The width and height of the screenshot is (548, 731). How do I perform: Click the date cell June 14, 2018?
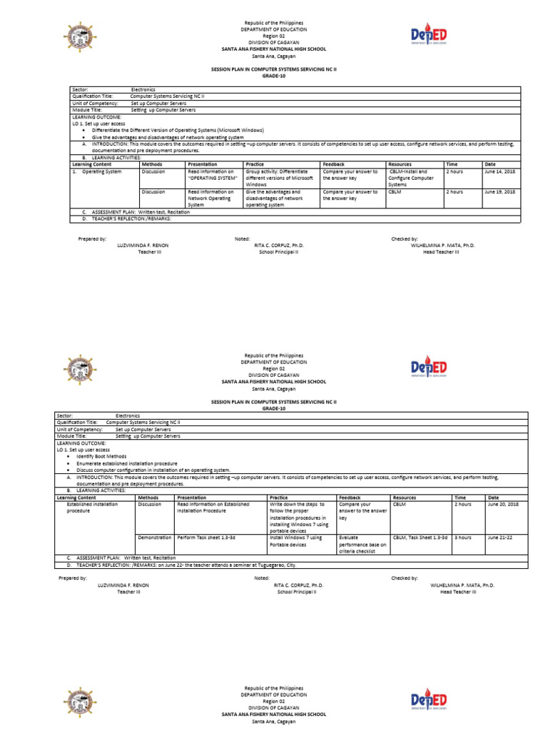pyautogui.click(x=499, y=172)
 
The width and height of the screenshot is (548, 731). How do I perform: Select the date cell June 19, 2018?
pyautogui.click(x=499, y=192)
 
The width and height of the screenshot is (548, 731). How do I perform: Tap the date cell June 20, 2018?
pyautogui.click(x=502, y=504)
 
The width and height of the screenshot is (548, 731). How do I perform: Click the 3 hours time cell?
pyautogui.click(x=463, y=537)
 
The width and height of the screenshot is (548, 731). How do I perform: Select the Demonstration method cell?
pyautogui.click(x=154, y=537)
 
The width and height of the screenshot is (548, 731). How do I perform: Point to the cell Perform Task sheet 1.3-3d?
pyautogui.click(x=208, y=537)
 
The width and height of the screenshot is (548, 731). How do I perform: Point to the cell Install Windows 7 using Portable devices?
pyautogui.click(x=295, y=540)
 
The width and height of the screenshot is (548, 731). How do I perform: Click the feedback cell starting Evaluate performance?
pyautogui.click(x=362, y=544)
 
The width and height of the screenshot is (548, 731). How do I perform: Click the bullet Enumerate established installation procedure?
pyautogui.click(x=127, y=463)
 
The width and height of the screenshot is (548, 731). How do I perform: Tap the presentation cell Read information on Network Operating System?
pyautogui.click(x=212, y=198)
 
